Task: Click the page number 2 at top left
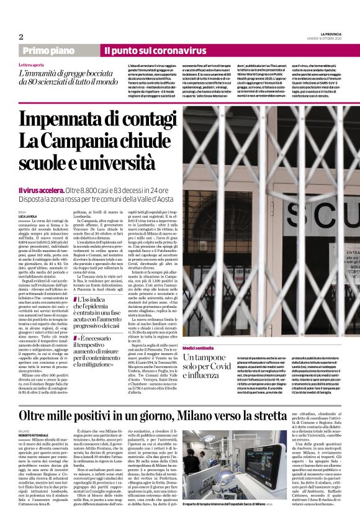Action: point(20,37)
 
